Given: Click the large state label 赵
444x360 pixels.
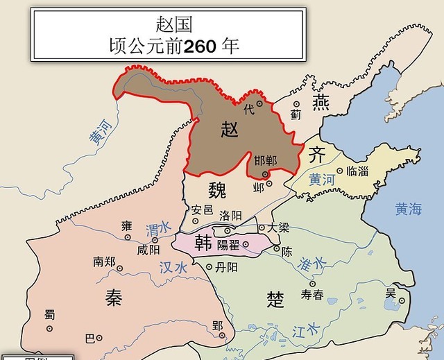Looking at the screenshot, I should coord(230,128).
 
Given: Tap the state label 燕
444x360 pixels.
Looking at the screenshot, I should coord(321,103).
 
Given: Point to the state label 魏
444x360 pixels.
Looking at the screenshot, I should coord(217,188).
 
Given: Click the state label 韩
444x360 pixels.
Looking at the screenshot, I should coord(203,242).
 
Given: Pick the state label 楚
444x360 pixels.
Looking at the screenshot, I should coord(275,299).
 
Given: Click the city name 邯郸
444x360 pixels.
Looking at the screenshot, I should coord(265,160).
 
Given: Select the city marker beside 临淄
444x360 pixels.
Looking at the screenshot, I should coord(339,171).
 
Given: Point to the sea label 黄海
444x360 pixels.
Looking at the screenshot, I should coord(408,209).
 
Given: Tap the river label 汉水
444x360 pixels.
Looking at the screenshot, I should coord(173,267).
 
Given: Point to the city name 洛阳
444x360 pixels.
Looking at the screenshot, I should coord(230,215).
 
